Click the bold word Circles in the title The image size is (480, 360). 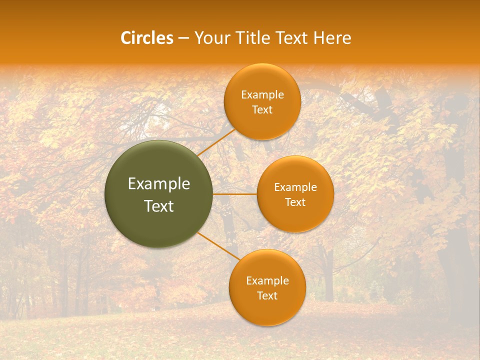click(x=147, y=38)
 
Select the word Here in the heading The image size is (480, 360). click(x=332, y=38)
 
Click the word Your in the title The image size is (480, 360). click(x=211, y=38)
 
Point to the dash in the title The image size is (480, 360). click(x=183, y=38)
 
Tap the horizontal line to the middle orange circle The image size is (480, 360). click(x=235, y=194)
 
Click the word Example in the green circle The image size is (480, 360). click(x=159, y=184)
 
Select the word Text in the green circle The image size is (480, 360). click(x=159, y=206)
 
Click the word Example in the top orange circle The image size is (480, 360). click(x=262, y=95)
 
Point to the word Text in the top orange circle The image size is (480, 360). click(x=262, y=109)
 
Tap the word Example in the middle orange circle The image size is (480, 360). click(x=295, y=187)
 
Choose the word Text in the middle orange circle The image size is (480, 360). click(x=295, y=202)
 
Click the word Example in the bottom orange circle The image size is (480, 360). click(x=267, y=281)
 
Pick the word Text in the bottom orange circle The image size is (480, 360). click(x=267, y=295)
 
